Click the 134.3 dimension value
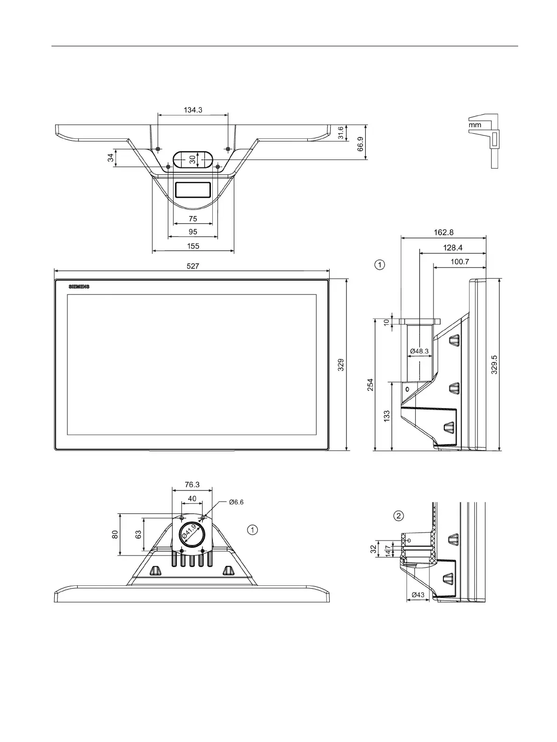click(x=193, y=110)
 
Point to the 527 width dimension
click(x=193, y=266)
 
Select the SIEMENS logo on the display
click(x=79, y=287)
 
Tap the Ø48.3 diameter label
click(x=420, y=351)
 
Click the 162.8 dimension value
click(x=443, y=232)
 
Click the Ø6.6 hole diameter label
click(x=236, y=502)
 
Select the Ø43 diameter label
click(x=418, y=595)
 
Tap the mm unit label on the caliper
click(x=475, y=125)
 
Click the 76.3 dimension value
click(x=192, y=484)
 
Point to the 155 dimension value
click(x=193, y=246)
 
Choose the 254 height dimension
click(x=370, y=384)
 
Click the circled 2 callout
click(x=398, y=516)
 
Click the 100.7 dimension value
click(x=460, y=262)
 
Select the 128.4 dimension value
click(x=453, y=248)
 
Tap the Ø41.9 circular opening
click(x=192, y=533)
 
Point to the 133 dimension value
click(x=387, y=416)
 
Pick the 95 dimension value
click(x=193, y=232)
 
